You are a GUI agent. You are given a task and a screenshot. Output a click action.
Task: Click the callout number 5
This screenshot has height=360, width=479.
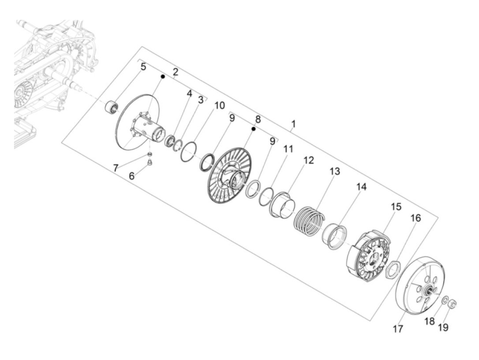click(x=143, y=67)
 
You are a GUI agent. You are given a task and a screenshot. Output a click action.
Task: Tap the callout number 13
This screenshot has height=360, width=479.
click(x=335, y=171)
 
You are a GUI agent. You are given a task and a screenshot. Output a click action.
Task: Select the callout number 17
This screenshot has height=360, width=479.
click(x=398, y=329)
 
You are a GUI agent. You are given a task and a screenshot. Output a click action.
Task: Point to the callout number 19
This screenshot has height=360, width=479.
click(x=443, y=327)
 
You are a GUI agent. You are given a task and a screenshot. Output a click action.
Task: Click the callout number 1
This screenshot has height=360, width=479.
click(x=294, y=124)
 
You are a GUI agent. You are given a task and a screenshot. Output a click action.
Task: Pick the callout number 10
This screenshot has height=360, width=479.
click(x=219, y=106)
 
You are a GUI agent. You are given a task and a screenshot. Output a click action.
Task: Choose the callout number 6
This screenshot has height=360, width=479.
click(x=132, y=176)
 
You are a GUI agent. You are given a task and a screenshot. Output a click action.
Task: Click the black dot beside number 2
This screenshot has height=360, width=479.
click(x=163, y=76)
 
